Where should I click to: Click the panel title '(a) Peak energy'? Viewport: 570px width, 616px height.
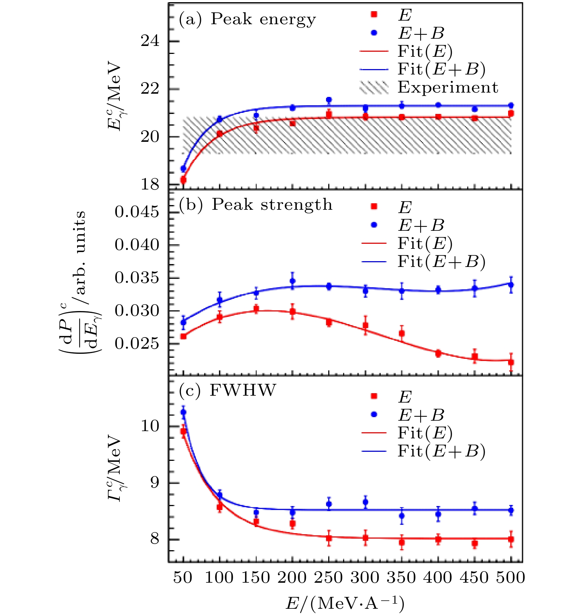pos(247,19)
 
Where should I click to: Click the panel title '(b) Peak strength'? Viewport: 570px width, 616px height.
pos(256,205)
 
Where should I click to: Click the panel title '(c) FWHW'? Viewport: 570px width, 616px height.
pos(227,390)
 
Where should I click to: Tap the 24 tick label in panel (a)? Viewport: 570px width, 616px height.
pos(150,41)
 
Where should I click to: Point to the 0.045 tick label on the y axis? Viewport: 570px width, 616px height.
pos(137,212)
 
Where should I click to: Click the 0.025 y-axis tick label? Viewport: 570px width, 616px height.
pos(137,344)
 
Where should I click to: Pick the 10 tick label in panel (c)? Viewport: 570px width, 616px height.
pos(150,426)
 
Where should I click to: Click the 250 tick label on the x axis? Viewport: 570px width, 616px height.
pos(328,578)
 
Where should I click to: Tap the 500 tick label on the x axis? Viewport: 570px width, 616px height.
pos(511,578)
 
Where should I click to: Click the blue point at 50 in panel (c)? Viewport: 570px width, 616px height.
pos(183,412)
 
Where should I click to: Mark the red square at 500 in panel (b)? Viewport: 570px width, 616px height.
pos(511,362)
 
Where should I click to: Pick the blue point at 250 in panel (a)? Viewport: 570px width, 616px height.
pos(329,100)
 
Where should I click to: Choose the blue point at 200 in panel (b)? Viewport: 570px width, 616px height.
pos(292,281)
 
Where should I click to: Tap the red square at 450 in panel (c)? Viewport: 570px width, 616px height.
pos(475,543)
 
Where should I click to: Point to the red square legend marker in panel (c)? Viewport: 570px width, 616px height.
pos(374,396)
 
